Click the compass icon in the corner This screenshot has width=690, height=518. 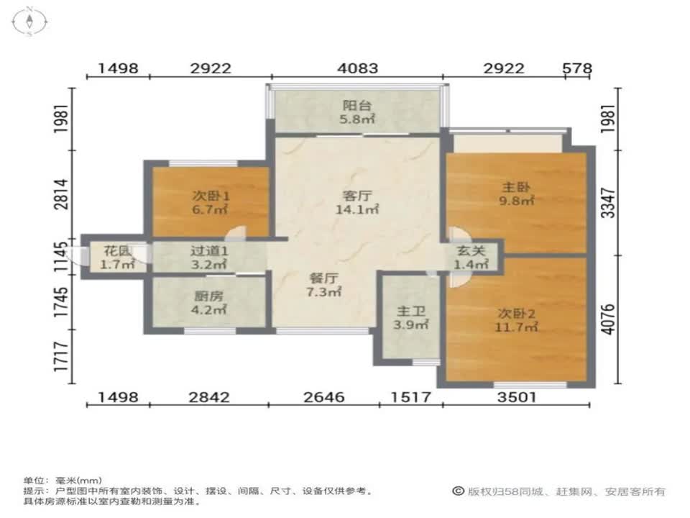coord(29,20)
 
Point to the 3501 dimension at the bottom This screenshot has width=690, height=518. coord(516,397)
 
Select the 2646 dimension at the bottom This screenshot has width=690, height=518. coord(324,397)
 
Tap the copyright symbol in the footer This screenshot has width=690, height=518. coord(457,491)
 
